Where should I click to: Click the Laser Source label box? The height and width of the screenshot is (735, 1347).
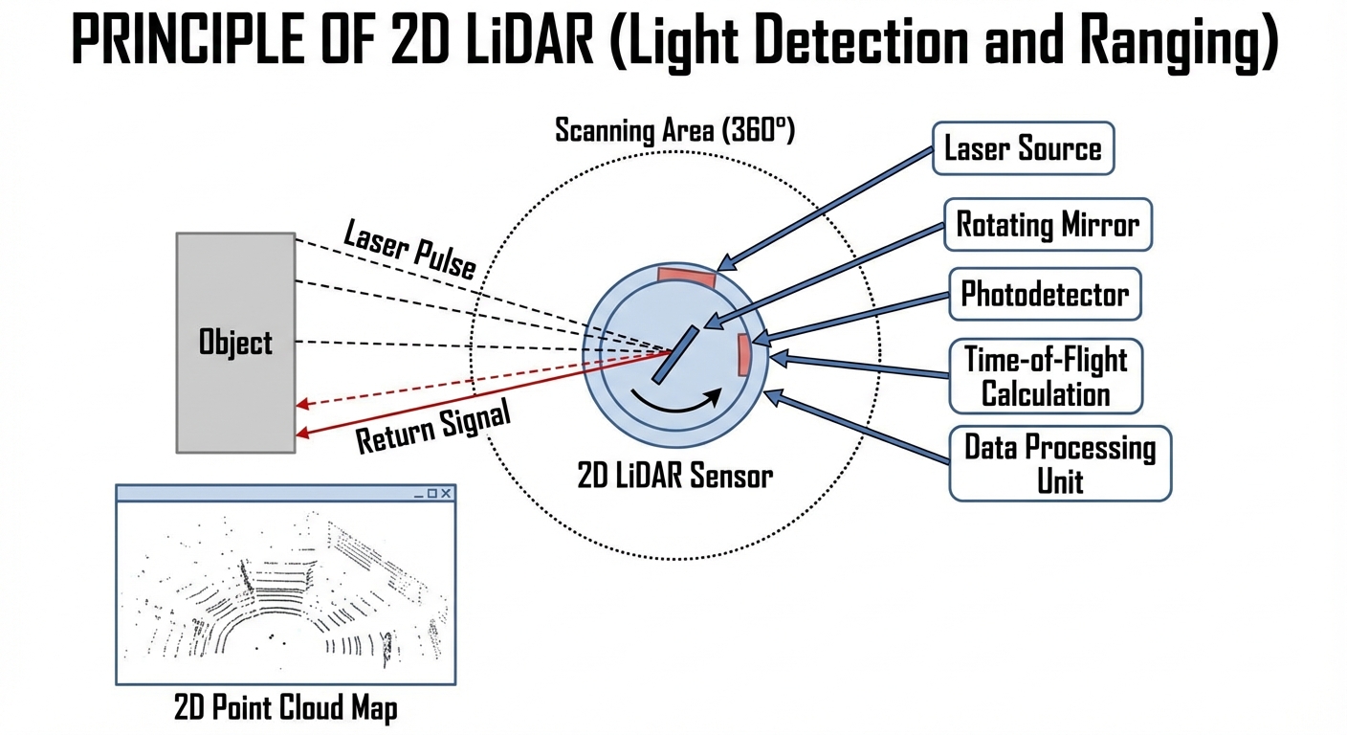tap(1023, 148)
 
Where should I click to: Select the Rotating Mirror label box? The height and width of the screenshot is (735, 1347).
tap(1048, 225)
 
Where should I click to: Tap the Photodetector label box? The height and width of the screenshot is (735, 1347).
tap(1045, 294)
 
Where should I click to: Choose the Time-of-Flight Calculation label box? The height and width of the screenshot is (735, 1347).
tap(1046, 376)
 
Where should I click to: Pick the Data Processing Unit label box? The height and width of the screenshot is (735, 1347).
tap(1060, 463)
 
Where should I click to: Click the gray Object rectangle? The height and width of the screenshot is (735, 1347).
tap(235, 342)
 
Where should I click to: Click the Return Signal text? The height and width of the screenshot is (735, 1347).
tap(433, 427)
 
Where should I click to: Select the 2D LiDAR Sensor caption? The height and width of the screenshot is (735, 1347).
tap(674, 476)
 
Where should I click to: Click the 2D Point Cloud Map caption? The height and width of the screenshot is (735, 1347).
tap(285, 708)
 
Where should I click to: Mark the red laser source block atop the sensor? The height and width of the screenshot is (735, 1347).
tap(687, 277)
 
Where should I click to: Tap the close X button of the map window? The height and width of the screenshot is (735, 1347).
tap(446, 493)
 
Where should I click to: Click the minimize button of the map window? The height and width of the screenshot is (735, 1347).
tap(418, 494)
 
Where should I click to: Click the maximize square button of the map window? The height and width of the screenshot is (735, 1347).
tap(431, 493)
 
